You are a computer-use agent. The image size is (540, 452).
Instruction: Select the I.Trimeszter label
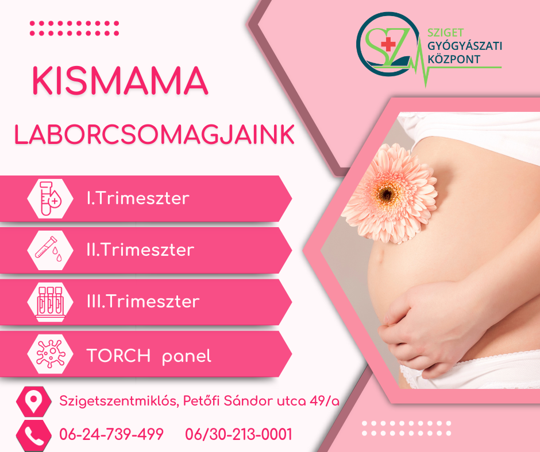click(x=137, y=198)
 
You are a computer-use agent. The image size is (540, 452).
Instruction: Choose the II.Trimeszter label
click(x=140, y=250)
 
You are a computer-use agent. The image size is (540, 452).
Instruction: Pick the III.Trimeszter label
click(x=142, y=302)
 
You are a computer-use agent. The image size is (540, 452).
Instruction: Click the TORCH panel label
click(x=148, y=356)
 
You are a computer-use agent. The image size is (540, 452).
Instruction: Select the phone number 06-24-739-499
click(x=111, y=434)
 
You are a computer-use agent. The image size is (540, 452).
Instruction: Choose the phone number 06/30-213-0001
click(x=238, y=434)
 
